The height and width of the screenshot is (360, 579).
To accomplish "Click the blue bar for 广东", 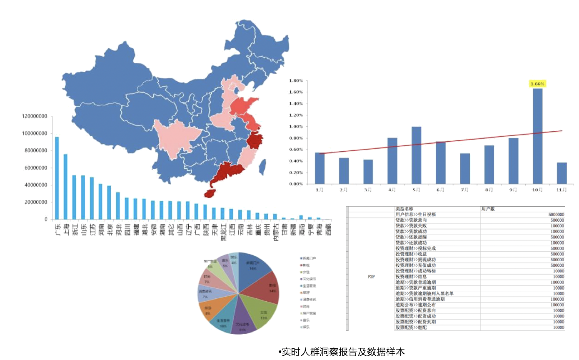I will pos(57,178).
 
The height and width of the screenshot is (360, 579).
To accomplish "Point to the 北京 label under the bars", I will pos(109,230).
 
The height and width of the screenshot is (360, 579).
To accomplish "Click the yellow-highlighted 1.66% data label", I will pos(537,84).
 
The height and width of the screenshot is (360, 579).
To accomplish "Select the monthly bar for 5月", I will pos(416,155).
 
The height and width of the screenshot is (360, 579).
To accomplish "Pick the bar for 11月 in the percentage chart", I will pos(562,173).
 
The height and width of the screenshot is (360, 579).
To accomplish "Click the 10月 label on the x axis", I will pos(537,190).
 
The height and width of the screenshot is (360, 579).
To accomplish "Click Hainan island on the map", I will pos(210,193).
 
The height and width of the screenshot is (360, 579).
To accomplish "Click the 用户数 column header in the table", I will pos(488,209).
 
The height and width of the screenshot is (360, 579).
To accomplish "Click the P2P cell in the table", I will pos(371,276).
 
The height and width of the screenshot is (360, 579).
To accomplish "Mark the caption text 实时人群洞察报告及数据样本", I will pos(342,352).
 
